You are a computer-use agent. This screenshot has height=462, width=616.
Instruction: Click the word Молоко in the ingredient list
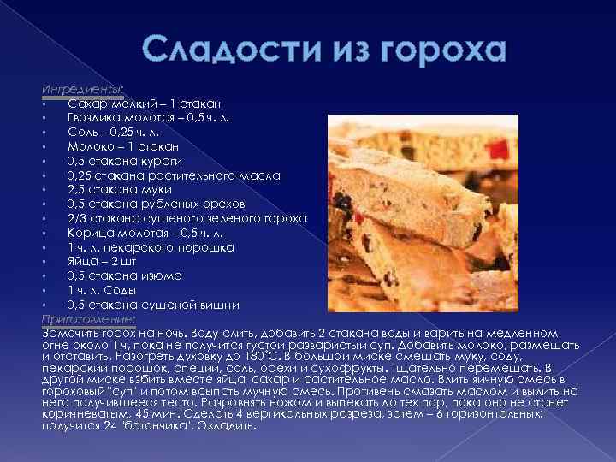pyautogui.click(x=90, y=146)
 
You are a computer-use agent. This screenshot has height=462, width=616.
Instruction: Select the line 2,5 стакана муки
pyautogui.click(x=119, y=189)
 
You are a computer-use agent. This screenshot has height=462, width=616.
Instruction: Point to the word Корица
pyautogui.click(x=89, y=233)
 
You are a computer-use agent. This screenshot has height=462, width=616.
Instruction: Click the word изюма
pyautogui.click(x=159, y=275)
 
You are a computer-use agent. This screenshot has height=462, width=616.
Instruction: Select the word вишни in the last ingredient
pyautogui.click(x=220, y=305)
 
